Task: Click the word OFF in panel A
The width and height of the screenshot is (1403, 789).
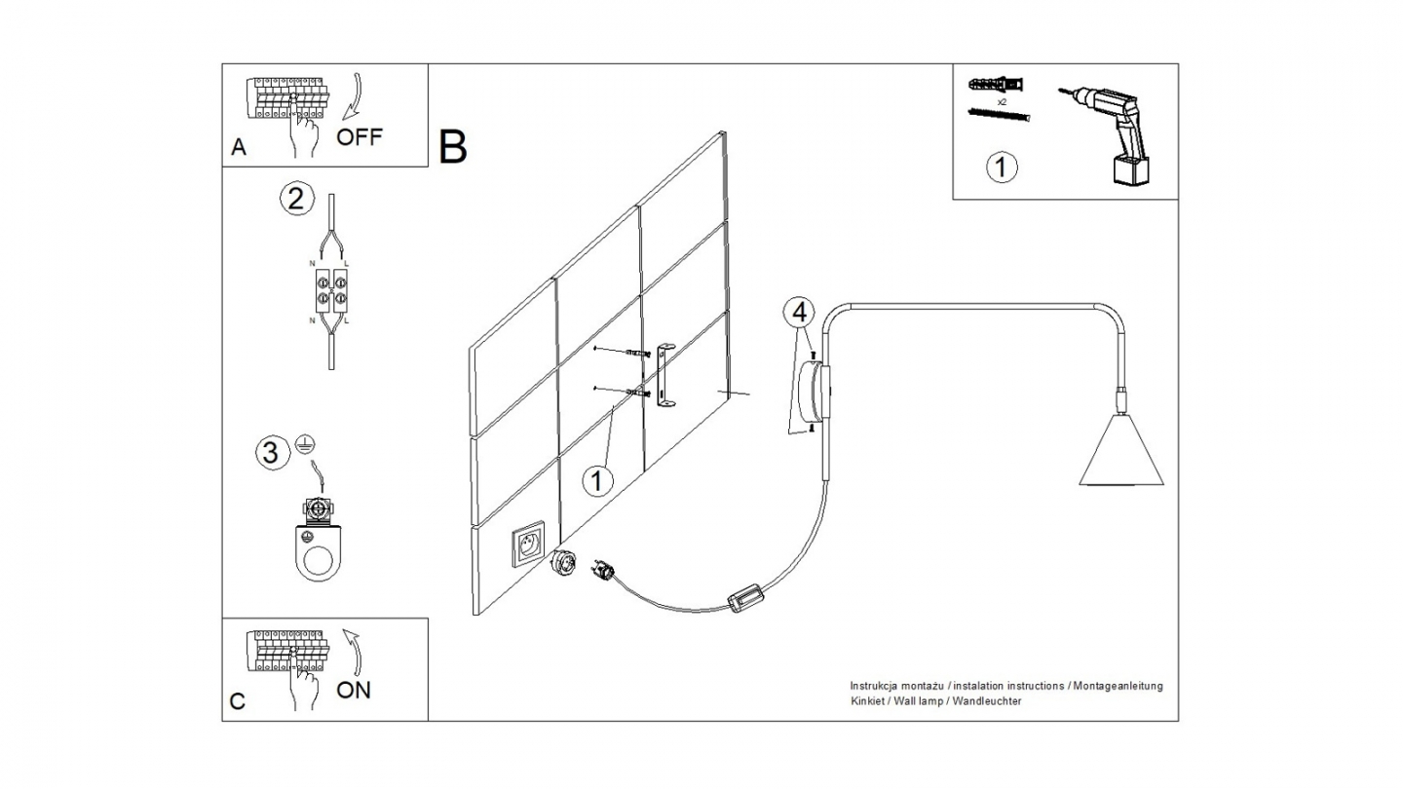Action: [360, 136]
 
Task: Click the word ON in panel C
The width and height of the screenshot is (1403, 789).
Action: [354, 690]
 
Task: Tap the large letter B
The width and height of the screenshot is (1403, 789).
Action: [453, 146]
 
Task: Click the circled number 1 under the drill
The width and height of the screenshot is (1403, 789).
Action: [1002, 167]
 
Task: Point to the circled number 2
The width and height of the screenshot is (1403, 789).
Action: [296, 199]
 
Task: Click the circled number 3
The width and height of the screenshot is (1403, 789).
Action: [272, 452]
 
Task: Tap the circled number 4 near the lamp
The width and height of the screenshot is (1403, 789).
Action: [799, 313]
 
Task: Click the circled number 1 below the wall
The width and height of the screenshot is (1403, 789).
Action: [597, 479]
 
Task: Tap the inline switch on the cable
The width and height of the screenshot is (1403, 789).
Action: [747, 597]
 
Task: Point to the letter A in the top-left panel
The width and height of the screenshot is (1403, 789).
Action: [239, 147]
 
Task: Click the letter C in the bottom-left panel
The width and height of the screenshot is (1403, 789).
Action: [238, 701]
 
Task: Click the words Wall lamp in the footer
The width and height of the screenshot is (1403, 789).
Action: [917, 701]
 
